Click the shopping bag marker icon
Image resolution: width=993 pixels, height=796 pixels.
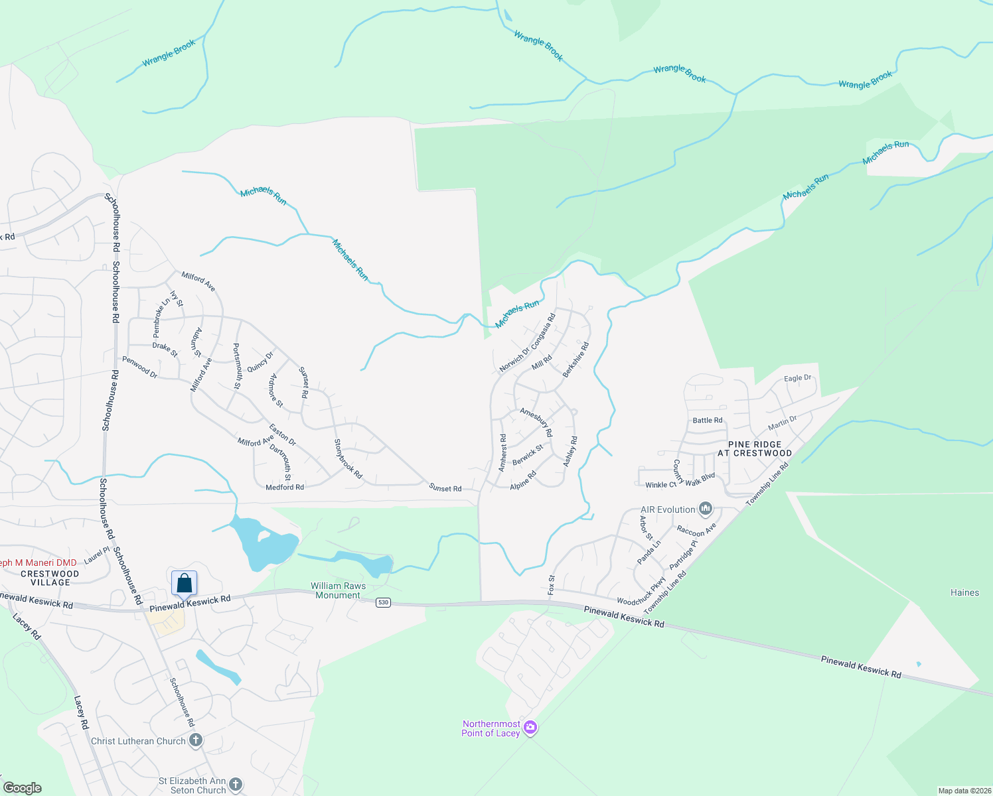pos(185,583)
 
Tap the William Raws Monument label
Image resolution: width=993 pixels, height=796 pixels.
pos(338,590)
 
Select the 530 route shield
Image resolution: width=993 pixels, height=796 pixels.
pos(383,602)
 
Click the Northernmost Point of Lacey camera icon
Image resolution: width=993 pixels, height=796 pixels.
pos(530,728)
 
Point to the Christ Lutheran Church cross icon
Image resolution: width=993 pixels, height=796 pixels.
pos(195,740)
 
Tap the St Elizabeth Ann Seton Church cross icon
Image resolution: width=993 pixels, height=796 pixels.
pos(236,785)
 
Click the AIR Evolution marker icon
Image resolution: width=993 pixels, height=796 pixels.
pos(706,509)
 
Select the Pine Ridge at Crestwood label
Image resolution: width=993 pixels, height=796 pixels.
pos(755,449)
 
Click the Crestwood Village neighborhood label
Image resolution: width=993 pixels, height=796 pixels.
pos(50,578)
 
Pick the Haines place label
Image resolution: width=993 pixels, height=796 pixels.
pos(964,592)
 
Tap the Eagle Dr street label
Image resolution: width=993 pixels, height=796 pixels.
pos(797,378)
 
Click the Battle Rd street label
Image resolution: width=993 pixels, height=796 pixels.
pos(707,420)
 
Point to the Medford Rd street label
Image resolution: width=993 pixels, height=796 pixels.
pos(285,487)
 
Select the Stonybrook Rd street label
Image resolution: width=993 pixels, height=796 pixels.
pos(348,459)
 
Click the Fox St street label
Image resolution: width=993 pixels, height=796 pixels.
pos(551,584)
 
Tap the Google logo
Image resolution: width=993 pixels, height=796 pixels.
pos(22,788)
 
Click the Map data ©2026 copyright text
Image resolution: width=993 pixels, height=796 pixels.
pos(963,791)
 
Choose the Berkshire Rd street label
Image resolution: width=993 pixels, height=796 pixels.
pos(575,360)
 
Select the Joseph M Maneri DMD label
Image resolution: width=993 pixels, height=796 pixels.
pos(38,563)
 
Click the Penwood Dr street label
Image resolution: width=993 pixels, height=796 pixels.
pos(139,367)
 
